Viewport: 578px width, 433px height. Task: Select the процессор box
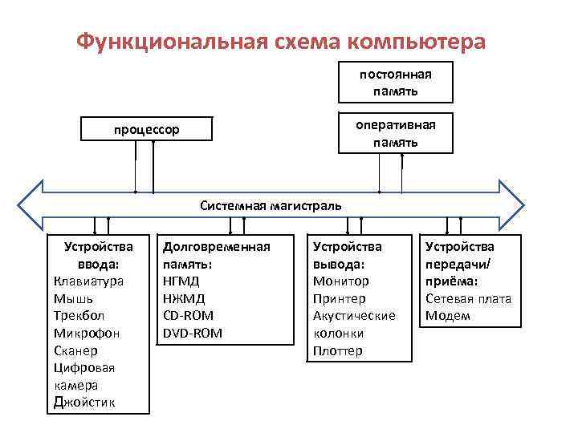[146, 128]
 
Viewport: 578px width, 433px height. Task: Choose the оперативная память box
[395, 133]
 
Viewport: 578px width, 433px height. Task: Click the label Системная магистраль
[271, 205]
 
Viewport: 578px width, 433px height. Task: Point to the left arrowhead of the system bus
[32, 205]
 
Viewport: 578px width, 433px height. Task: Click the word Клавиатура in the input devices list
[88, 281]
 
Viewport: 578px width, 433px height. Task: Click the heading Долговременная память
[216, 255]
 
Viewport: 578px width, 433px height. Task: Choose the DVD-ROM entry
[193, 333]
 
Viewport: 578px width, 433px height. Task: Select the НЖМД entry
[184, 298]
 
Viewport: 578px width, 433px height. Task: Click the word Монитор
[340, 281]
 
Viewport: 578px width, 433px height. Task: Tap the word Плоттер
[337, 350]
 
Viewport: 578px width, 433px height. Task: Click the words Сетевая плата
[468, 298]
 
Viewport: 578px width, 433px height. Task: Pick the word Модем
[447, 316]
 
